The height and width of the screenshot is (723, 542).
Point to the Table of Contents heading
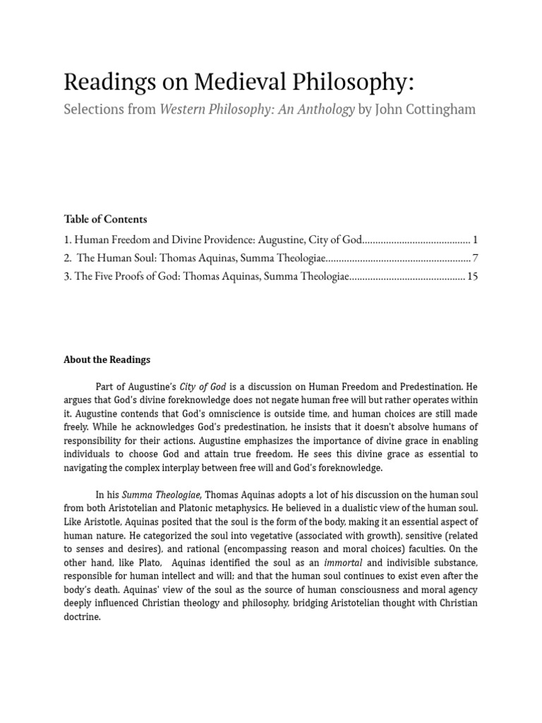(105, 219)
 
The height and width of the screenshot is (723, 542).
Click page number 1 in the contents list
(476, 240)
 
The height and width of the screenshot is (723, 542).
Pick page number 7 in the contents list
(476, 258)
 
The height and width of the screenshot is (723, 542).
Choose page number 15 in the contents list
(472, 277)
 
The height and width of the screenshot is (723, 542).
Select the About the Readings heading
(107, 359)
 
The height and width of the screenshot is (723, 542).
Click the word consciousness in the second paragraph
(356, 589)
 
